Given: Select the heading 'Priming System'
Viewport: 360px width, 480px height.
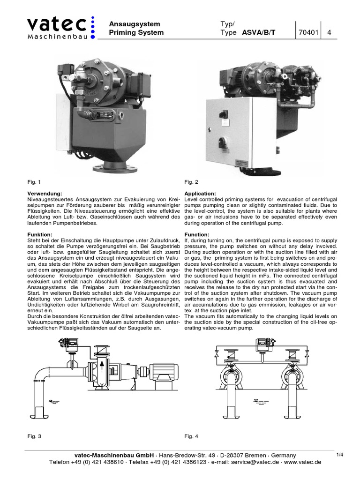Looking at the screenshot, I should pos(136,33).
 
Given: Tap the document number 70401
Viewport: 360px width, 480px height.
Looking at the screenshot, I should pos(308,33).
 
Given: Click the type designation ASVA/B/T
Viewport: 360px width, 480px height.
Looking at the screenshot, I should pos(259,33).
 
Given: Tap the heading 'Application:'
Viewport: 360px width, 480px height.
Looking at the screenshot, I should pos(200,193).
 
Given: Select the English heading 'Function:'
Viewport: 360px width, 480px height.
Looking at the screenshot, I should pos(197,234).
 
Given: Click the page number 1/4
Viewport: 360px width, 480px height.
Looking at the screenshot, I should pos(341,455).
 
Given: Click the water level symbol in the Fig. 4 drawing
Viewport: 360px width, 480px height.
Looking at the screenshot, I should pos(257,401).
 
